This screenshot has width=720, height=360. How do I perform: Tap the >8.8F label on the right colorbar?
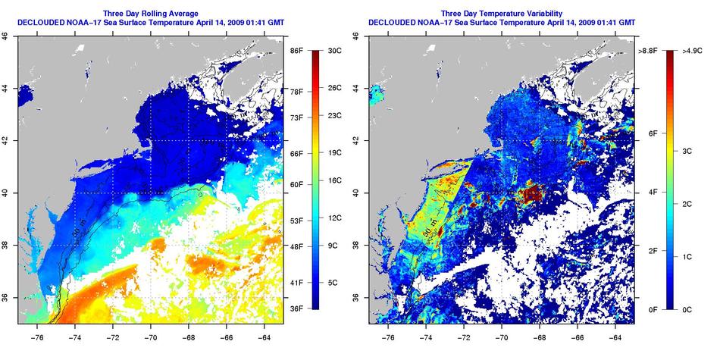[646, 51]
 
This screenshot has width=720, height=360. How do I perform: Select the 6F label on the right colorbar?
[650, 133]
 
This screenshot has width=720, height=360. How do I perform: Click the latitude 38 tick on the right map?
[358, 245]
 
